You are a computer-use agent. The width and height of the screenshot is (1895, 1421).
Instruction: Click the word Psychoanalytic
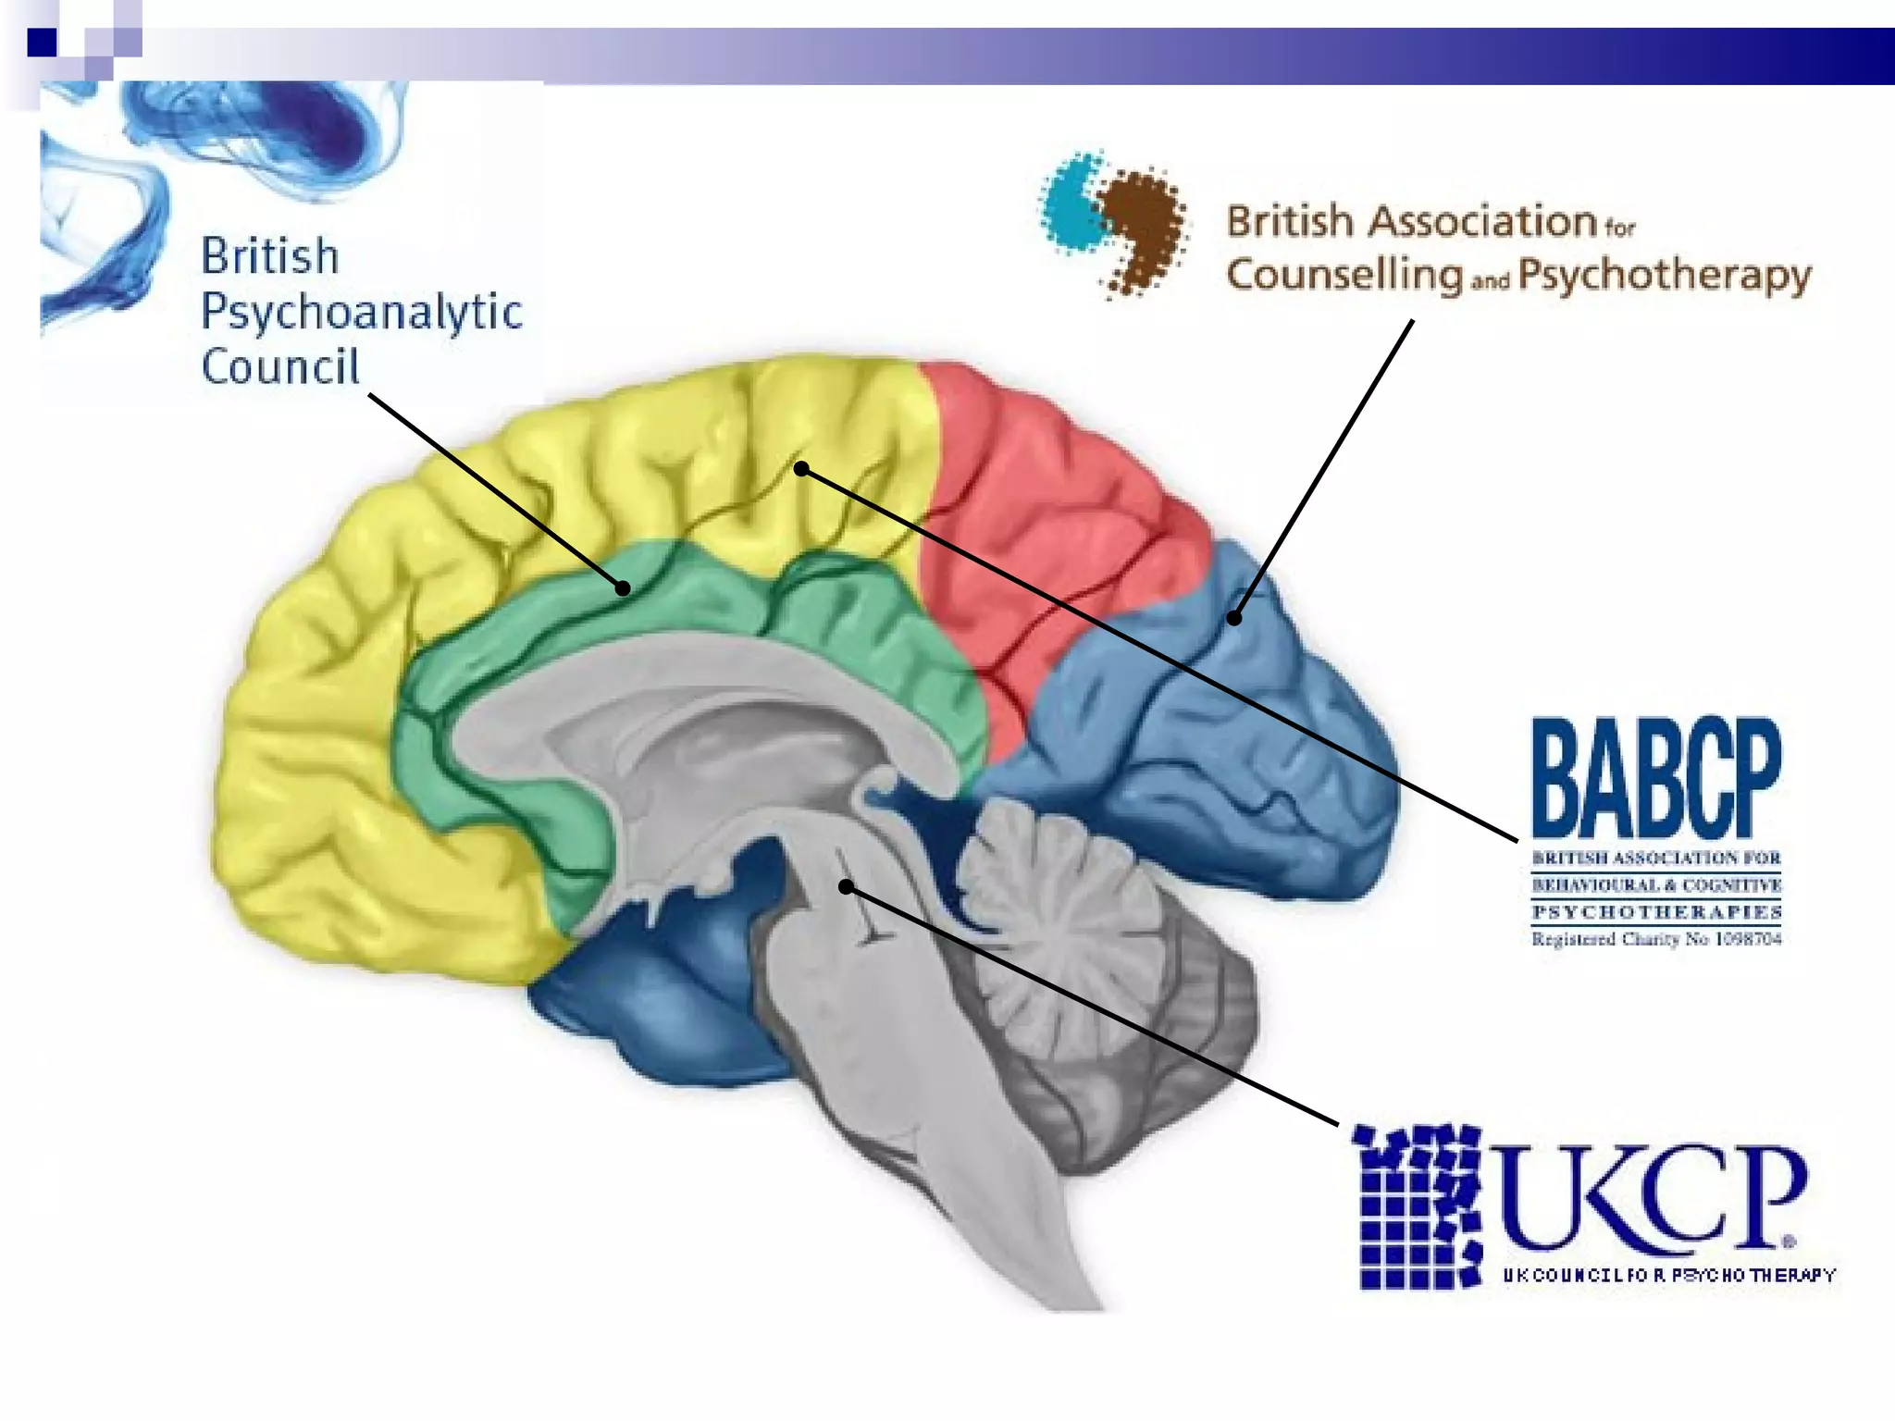pos(361,313)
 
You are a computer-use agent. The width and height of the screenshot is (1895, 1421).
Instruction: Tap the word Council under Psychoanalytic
pos(279,367)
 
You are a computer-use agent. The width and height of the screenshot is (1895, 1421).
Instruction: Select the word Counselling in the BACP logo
pos(1344,276)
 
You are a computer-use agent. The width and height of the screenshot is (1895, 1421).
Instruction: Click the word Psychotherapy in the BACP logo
pos(1664,276)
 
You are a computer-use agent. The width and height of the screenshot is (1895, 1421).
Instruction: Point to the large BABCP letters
pos(1655,778)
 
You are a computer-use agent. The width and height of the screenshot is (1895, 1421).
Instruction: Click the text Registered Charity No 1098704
pos(1655,940)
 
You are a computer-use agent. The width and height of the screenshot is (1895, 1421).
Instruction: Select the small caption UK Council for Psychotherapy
pos(1668,1275)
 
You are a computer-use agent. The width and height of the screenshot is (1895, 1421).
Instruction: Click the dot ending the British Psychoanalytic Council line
pos(624,587)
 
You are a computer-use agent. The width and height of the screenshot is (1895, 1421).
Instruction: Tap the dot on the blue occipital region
pos(1234,617)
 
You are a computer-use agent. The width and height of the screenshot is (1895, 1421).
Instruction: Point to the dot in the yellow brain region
pos(801,469)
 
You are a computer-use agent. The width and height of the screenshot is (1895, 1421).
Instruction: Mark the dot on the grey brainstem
pos(846,887)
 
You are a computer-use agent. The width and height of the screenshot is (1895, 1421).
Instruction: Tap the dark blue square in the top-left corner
pos(42,43)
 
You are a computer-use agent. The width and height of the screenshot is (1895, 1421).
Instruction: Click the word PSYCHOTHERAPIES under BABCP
pos(1655,912)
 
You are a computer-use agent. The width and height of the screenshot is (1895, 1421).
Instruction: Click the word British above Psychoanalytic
pos(270,256)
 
